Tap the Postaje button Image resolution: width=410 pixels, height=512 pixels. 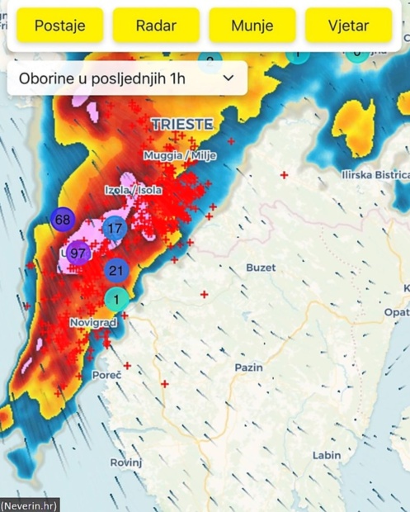pyautogui.click(x=59, y=26)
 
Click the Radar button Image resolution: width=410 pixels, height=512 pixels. pyautogui.click(x=156, y=26)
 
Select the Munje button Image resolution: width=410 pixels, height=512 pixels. pyautogui.click(x=252, y=26)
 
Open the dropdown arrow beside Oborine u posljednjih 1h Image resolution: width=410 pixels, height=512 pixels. pyautogui.click(x=229, y=78)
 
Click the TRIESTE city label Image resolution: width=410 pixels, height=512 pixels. pyautogui.click(x=182, y=125)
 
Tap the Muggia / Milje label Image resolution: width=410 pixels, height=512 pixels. pyautogui.click(x=175, y=155)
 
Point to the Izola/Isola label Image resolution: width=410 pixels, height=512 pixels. pyautogui.click(x=133, y=190)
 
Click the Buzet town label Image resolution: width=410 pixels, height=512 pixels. pyautogui.click(x=261, y=268)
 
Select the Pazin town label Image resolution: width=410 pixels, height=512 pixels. pyautogui.click(x=248, y=367)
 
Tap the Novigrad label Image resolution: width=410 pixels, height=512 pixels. pyautogui.click(x=93, y=322)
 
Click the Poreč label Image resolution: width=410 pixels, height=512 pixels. pyautogui.click(x=107, y=375)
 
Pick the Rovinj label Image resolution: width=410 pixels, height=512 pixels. pyautogui.click(x=125, y=462)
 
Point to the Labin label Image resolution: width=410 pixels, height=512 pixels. pyautogui.click(x=326, y=455)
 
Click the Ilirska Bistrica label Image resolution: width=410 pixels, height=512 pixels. pyautogui.click(x=375, y=175)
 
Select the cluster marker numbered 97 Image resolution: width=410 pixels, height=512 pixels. pyautogui.click(x=78, y=253)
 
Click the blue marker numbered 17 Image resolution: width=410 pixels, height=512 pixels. pyautogui.click(x=115, y=228)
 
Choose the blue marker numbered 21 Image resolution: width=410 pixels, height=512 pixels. pyautogui.click(x=115, y=270)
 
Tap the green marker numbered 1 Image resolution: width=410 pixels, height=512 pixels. pyautogui.click(x=116, y=299)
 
